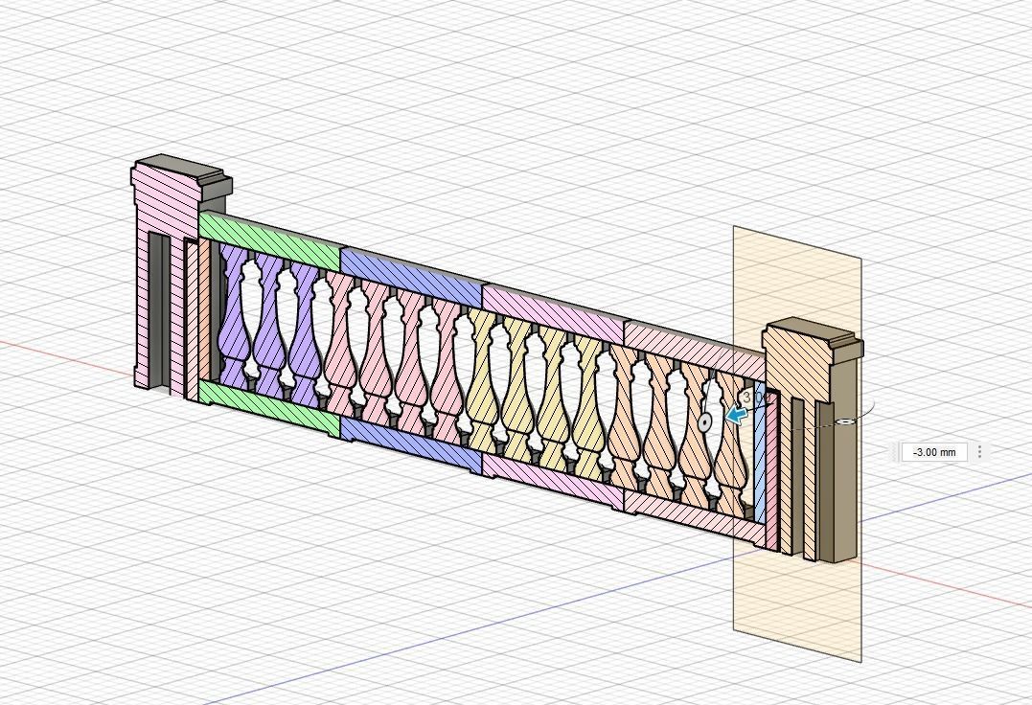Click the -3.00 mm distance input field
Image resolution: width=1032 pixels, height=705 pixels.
tap(934, 452)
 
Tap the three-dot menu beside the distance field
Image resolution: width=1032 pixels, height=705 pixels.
tap(979, 452)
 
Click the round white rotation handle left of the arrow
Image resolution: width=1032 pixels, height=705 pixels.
tap(706, 421)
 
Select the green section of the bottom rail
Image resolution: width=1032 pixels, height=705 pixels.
tap(268, 405)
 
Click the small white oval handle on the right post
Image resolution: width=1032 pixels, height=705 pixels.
tap(845, 421)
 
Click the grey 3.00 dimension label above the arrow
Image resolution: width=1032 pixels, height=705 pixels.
tap(753, 396)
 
